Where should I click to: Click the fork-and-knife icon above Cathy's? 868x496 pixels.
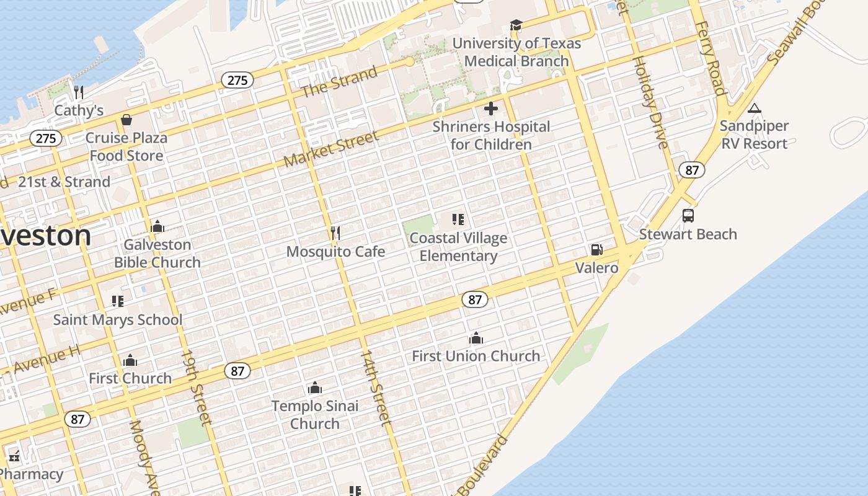pyautogui.click(x=79, y=92)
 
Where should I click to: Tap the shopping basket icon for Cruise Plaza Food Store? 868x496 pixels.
pyautogui.click(x=126, y=120)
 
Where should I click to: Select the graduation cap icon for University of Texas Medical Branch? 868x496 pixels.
pyautogui.click(x=516, y=25)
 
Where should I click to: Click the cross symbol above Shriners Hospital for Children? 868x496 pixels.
pyautogui.click(x=491, y=109)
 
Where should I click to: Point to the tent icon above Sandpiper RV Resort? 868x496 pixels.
pyautogui.click(x=754, y=108)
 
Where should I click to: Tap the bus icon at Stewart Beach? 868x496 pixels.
pyautogui.click(x=688, y=216)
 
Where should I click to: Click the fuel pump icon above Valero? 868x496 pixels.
pyautogui.click(x=596, y=250)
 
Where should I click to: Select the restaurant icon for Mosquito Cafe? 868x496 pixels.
pyautogui.click(x=335, y=233)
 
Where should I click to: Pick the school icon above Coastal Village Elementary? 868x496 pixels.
pyautogui.click(x=458, y=219)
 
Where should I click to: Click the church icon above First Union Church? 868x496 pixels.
pyautogui.click(x=476, y=338)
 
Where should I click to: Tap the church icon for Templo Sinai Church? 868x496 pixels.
pyautogui.click(x=315, y=388)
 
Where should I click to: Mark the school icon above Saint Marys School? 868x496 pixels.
pyautogui.click(x=118, y=301)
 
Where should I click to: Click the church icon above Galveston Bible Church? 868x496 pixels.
pyautogui.click(x=157, y=226)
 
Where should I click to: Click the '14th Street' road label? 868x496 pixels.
pyautogui.click(x=376, y=387)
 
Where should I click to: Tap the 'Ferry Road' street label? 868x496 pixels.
pyautogui.click(x=710, y=58)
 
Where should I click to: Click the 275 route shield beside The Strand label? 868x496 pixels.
pyautogui.click(x=237, y=80)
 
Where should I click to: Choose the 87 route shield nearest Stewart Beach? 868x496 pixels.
pyautogui.click(x=691, y=170)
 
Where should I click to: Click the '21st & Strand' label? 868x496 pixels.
pyautogui.click(x=64, y=182)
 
